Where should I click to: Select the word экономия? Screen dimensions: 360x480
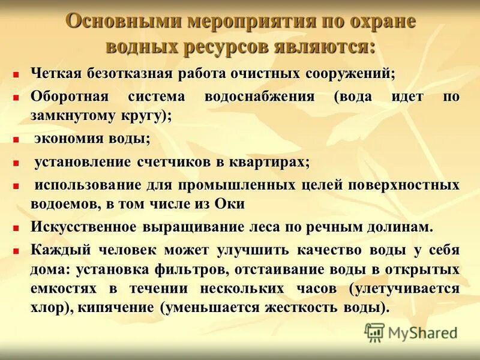(x=68, y=139)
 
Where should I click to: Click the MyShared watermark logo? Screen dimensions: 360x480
(x=412, y=332)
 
